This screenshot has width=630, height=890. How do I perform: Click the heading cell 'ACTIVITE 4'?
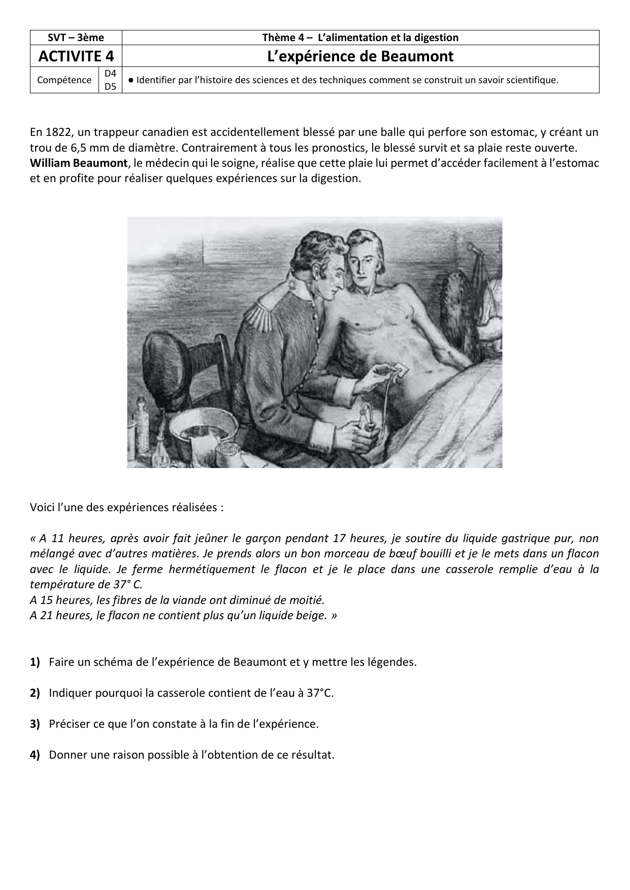click(76, 56)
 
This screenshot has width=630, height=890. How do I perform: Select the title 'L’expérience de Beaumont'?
click(360, 56)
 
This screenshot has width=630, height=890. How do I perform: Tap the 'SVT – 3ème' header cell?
click(76, 38)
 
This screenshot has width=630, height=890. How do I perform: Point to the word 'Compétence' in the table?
click(64, 80)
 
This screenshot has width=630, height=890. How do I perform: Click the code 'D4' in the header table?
click(110, 74)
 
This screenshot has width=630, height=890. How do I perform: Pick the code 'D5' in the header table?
click(110, 87)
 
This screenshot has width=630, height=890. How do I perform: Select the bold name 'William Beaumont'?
click(79, 163)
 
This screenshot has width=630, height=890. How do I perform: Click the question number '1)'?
click(35, 662)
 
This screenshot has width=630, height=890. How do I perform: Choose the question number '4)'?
click(35, 755)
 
